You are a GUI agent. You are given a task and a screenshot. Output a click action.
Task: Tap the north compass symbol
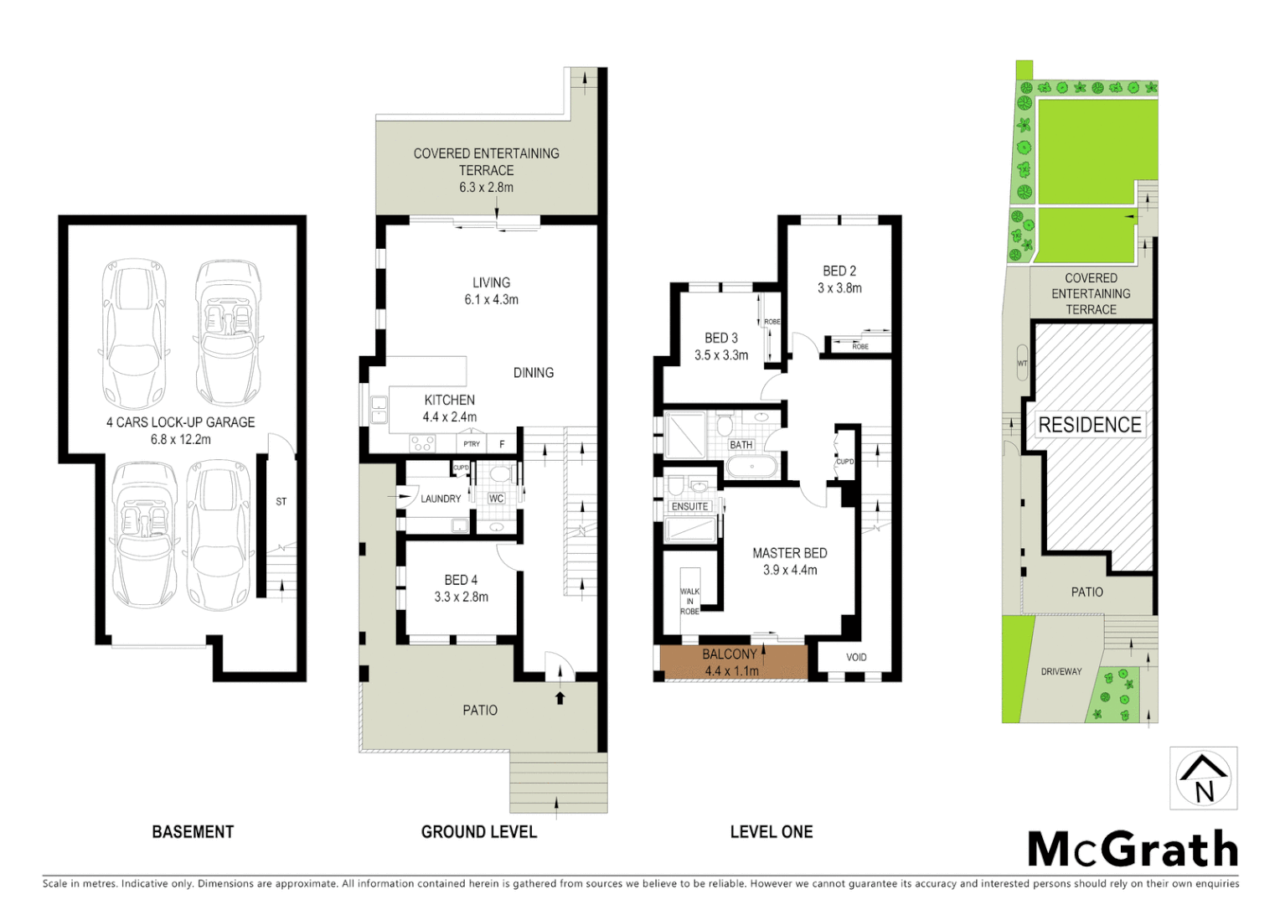point(1203,778)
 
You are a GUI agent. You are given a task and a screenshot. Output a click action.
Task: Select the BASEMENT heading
point(193,832)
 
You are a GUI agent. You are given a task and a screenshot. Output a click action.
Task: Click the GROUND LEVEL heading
point(478,832)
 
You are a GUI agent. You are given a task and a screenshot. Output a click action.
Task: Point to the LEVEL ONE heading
point(771,832)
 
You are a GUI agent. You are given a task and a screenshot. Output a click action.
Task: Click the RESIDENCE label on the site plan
point(1089,425)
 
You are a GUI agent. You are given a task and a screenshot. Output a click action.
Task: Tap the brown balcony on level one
point(732,662)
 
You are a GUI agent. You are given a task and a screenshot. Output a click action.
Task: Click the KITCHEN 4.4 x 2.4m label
point(449,408)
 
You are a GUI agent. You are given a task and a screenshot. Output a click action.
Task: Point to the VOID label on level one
point(856,657)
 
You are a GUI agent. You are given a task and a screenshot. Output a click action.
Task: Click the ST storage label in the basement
point(281,502)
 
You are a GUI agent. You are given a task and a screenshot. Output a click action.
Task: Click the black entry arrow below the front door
point(560,697)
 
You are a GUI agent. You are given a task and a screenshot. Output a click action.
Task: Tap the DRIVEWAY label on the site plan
point(1061,671)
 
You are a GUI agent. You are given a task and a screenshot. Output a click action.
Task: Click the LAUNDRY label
point(441,499)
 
